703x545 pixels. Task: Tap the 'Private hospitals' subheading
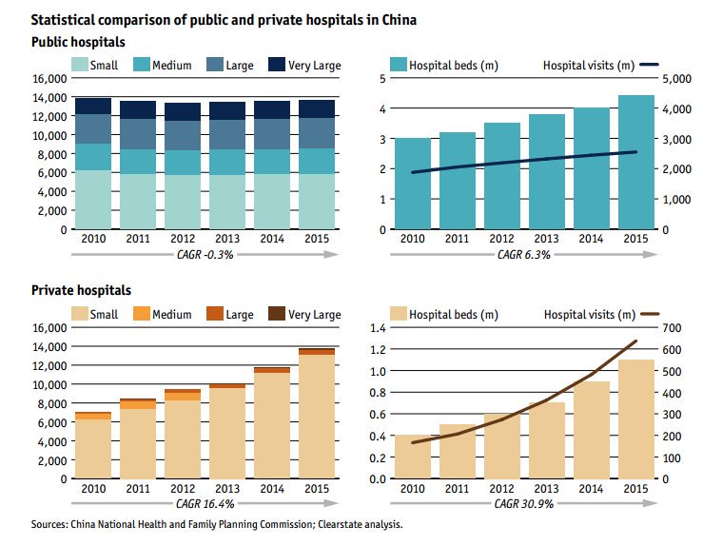click(81, 291)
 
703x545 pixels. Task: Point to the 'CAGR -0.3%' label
click(205, 254)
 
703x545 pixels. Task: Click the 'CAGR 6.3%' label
click(522, 254)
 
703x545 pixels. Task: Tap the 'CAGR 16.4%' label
click(205, 503)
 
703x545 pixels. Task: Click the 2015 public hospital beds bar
click(635, 162)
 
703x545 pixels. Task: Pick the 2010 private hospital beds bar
click(412, 457)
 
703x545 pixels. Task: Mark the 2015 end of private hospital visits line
click(635, 341)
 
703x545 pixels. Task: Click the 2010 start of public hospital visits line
click(412, 172)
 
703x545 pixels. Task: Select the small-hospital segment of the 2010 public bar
click(93, 200)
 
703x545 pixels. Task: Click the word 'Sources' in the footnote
click(52, 524)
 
